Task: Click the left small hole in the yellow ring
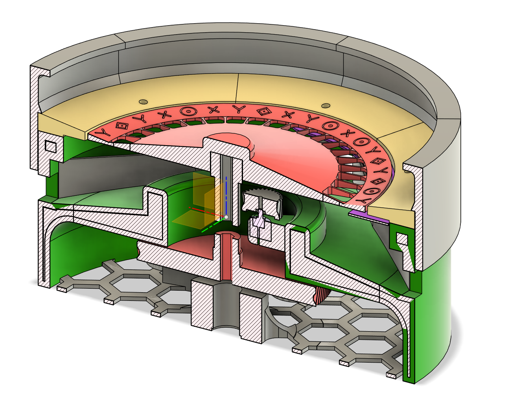143,101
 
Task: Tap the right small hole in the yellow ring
325,105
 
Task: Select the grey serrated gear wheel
263,195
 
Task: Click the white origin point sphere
226,217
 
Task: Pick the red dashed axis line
204,211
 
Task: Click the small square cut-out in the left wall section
51,147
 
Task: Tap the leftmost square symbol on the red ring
122,125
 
